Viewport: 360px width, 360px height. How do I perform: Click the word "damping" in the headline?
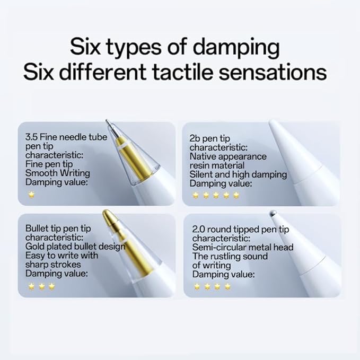click(x=236, y=48)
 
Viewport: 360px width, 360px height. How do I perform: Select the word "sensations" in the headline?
click(x=273, y=72)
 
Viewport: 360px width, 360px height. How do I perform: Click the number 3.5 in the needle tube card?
click(x=31, y=137)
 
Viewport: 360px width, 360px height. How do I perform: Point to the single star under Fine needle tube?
click(x=31, y=195)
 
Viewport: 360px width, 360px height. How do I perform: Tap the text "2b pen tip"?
click(x=209, y=138)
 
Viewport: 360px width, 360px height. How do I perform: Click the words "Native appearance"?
click(x=228, y=156)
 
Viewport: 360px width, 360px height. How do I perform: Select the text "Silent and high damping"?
click(x=238, y=174)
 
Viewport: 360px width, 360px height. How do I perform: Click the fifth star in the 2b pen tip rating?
click(x=236, y=195)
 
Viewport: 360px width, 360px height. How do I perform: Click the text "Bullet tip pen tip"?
click(x=58, y=229)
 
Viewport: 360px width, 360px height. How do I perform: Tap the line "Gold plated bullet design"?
click(x=75, y=247)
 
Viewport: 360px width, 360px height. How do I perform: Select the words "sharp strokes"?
click(x=53, y=265)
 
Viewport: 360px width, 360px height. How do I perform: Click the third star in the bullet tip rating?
click(x=52, y=286)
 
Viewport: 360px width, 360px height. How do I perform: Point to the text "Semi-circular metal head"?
click(x=243, y=247)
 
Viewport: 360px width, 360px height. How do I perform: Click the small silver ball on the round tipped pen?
click(x=273, y=214)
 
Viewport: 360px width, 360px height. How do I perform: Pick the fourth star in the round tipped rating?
click(x=227, y=286)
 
